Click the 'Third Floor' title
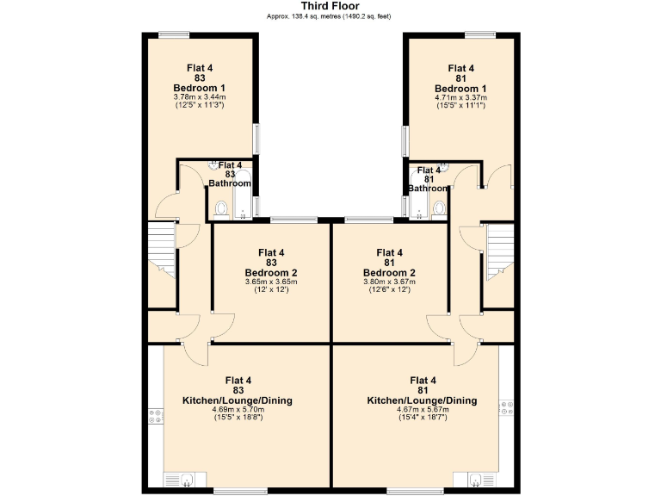[330, 6]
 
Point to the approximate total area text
[330, 16]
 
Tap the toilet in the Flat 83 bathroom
[221, 208]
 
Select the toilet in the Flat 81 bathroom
[439, 208]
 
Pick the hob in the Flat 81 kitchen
[505, 406]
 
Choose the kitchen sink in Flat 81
[477, 479]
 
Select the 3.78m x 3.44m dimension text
[199, 97]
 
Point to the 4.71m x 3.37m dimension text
[460, 97]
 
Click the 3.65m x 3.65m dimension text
[271, 282]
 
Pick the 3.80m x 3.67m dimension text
[389, 282]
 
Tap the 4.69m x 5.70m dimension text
[238, 409]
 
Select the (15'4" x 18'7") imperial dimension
[423, 418]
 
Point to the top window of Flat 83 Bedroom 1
[174, 34]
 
